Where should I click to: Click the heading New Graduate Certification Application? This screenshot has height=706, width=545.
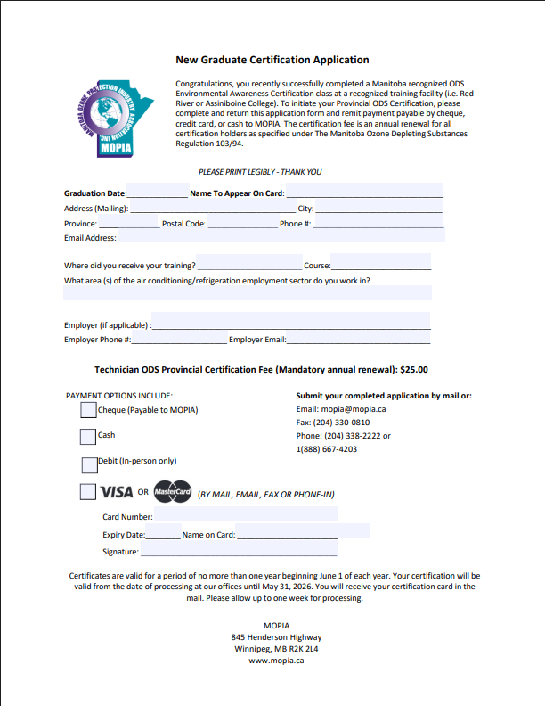pos(272,60)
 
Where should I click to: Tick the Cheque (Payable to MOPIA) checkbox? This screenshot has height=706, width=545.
pos(88,410)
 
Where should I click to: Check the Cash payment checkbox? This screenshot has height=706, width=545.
pos(88,436)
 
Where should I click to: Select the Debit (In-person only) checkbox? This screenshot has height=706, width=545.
pos(88,464)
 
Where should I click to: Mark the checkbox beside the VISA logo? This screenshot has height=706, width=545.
pos(88,491)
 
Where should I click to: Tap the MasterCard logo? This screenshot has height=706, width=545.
pos(172,492)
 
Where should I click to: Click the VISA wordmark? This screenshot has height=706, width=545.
pos(117,492)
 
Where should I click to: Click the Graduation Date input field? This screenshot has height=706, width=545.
pos(157,193)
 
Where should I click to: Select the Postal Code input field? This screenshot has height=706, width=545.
pos(241,223)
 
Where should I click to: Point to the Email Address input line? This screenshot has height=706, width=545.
pos(281,238)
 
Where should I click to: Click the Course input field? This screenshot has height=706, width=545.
pos(381,266)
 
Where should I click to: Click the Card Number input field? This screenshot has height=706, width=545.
pos(246,516)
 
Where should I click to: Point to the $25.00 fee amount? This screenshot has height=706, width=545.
pos(414,368)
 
